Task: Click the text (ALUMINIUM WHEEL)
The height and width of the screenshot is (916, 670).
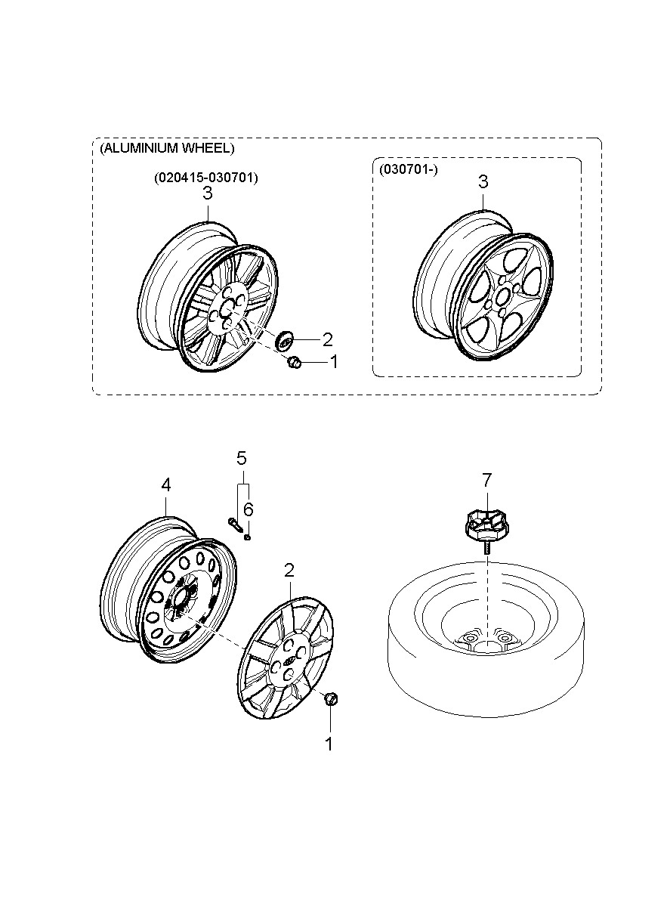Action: click(x=167, y=148)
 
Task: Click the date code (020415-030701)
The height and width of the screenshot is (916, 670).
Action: click(x=206, y=178)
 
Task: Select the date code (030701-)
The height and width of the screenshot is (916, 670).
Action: click(x=409, y=169)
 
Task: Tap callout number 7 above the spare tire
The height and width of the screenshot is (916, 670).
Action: click(x=486, y=480)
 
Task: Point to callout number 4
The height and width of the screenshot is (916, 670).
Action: click(x=165, y=485)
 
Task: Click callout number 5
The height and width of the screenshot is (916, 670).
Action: click(x=242, y=459)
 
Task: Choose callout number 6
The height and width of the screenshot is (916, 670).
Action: click(x=248, y=509)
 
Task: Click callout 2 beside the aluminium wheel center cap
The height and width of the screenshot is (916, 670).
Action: click(x=327, y=340)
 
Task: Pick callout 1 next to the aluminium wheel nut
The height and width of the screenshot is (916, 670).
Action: click(x=335, y=361)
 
